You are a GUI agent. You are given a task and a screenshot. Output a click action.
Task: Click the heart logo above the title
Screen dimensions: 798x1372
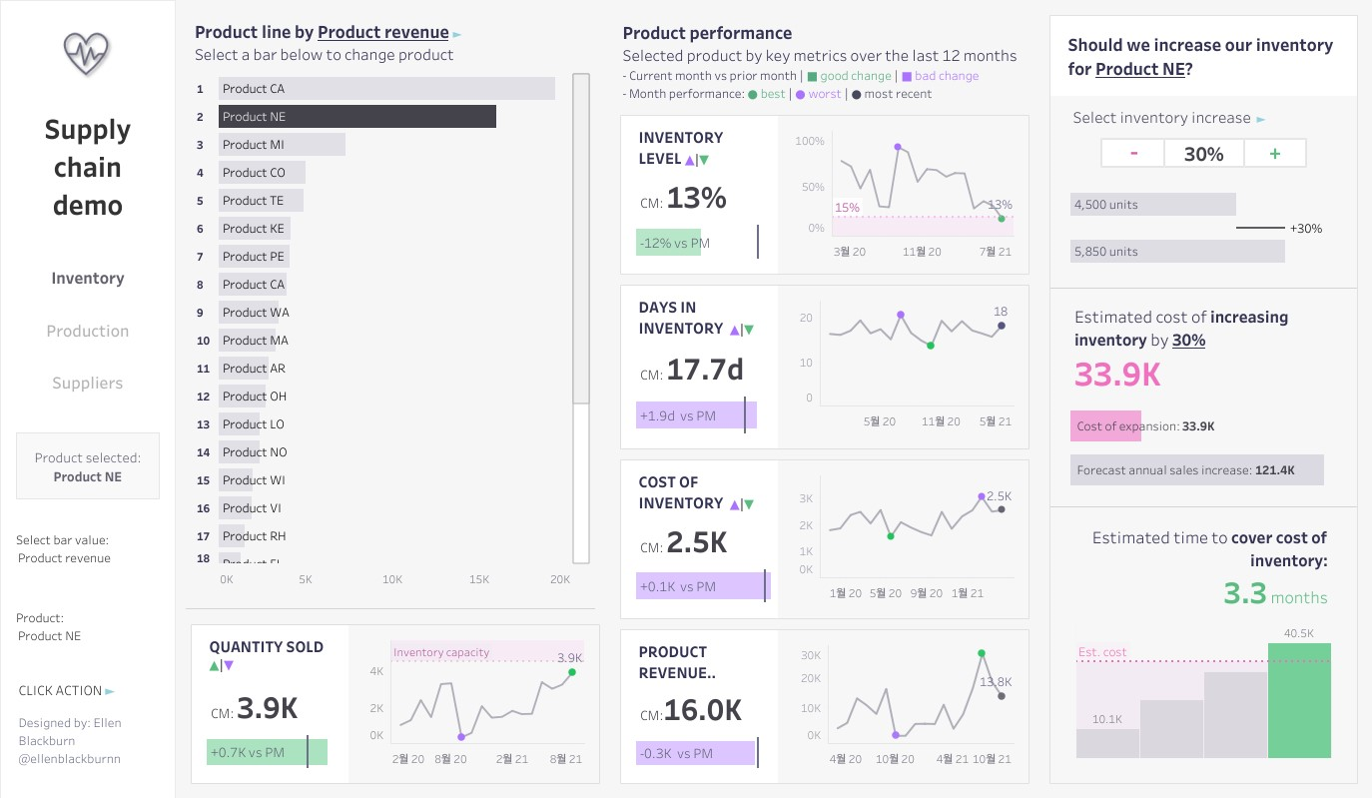coord(87,54)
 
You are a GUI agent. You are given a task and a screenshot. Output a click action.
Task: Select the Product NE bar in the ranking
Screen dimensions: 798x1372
coord(356,117)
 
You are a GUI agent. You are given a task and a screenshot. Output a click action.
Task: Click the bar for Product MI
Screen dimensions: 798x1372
coord(282,145)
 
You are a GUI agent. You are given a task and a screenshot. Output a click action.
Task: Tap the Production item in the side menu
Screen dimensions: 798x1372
coord(88,331)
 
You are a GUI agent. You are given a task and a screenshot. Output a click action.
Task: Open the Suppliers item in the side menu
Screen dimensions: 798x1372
coord(88,383)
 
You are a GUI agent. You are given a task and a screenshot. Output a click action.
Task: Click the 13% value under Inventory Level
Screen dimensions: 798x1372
coord(696,199)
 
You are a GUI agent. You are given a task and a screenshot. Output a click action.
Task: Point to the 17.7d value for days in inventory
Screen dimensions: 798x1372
coord(705,371)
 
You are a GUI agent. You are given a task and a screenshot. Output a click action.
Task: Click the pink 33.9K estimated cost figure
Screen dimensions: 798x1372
coord(1117,375)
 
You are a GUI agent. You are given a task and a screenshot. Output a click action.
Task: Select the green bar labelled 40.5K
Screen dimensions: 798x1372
coord(1299,700)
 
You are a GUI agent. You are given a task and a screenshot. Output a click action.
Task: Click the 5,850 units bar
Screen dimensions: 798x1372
coord(1177,252)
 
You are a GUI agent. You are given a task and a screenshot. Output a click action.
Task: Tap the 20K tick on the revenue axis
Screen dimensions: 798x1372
coord(560,579)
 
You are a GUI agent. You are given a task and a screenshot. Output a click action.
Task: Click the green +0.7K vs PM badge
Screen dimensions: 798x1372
coord(267,752)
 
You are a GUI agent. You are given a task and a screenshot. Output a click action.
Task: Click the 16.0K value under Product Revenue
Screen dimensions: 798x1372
coord(703,710)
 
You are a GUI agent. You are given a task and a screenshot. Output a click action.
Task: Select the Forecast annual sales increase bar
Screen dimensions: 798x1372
coord(1196,470)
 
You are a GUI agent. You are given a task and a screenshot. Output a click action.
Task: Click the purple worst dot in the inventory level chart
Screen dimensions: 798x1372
coord(898,147)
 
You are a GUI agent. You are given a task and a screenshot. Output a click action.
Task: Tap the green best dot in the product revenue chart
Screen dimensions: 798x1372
coord(981,653)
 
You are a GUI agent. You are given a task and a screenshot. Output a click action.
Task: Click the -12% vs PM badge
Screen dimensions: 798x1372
coord(668,243)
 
